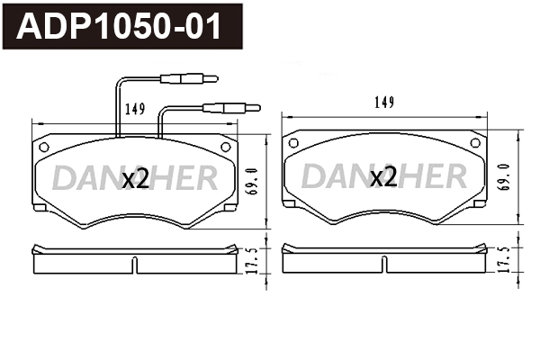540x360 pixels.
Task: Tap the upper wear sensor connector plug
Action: coord(185,78)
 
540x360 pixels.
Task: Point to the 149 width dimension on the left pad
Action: coord(136,110)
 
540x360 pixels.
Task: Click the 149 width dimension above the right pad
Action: coord(383,103)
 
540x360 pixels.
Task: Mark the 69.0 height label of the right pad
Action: coord(503,175)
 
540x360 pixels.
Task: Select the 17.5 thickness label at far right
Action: coord(503,260)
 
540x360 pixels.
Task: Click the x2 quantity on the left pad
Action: coord(135,179)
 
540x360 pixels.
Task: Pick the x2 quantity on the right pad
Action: coord(383,177)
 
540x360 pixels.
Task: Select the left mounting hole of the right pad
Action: coord(293,141)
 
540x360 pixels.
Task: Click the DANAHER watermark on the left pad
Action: coord(135,177)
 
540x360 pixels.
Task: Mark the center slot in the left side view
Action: coord(136,265)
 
